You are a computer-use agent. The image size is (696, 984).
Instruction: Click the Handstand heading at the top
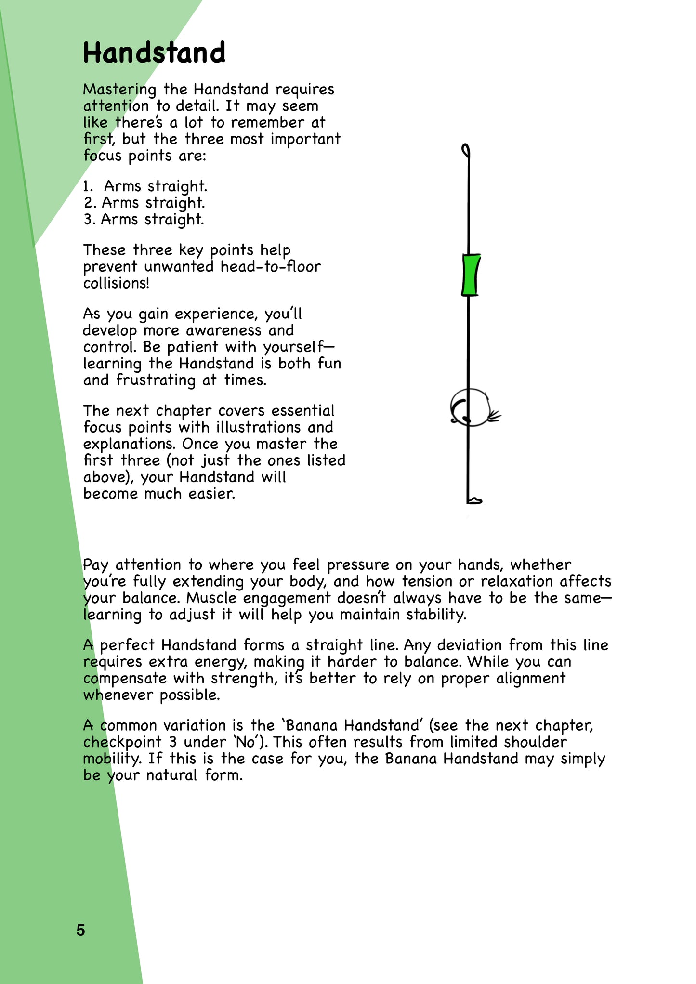click(154, 52)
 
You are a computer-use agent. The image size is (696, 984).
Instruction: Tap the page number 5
click(80, 930)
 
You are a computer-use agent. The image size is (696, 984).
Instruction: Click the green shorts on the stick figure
click(471, 275)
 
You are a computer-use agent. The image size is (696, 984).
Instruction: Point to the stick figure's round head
click(470, 407)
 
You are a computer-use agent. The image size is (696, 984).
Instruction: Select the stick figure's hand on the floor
click(474, 501)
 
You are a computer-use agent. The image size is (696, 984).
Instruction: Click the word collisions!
click(116, 283)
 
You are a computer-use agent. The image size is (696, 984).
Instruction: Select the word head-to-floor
click(270, 266)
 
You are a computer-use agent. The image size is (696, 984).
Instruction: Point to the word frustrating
click(156, 380)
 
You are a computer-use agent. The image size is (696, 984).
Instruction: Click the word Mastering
click(119, 90)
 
